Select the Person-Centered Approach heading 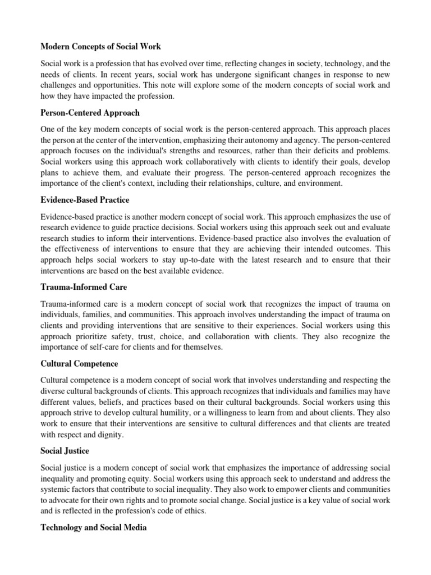[x=90, y=112]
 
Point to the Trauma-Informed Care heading [x=84, y=287]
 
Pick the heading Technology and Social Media [x=94, y=528]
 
